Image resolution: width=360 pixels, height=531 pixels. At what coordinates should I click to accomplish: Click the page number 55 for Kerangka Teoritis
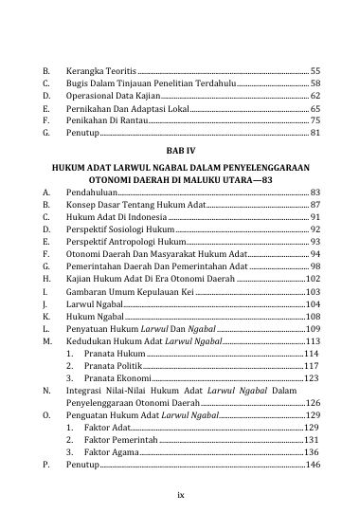pos(315,72)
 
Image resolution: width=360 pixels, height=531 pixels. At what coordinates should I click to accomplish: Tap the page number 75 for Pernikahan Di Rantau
pos(315,121)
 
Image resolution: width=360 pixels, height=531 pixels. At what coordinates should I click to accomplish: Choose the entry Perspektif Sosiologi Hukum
pos(121,229)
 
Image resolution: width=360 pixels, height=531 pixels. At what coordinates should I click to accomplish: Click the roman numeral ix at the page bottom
pos(180,495)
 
